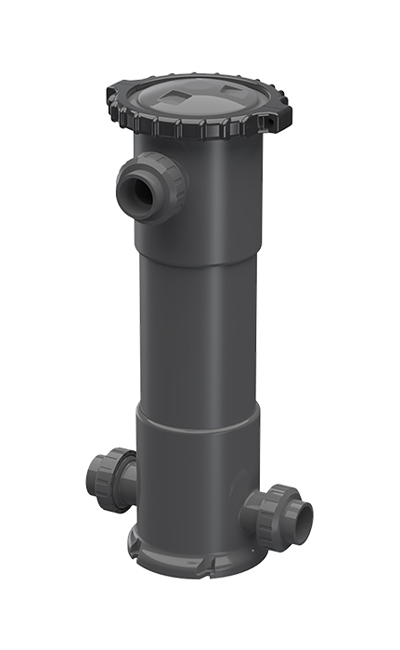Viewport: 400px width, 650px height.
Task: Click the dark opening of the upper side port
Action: click(x=133, y=189)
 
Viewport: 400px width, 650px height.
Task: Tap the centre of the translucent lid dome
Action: click(x=200, y=100)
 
